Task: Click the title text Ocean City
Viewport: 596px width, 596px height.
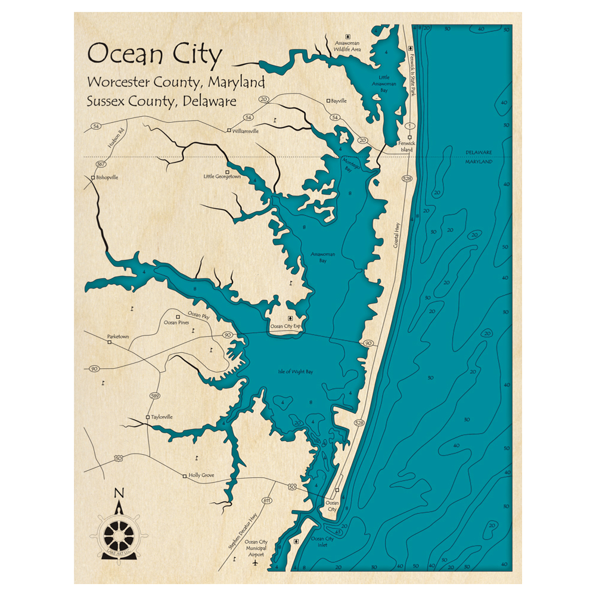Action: point(154,54)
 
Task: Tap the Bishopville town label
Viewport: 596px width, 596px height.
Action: point(107,178)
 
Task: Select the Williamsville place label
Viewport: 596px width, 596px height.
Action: point(245,131)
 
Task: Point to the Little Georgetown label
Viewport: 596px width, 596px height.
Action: point(222,176)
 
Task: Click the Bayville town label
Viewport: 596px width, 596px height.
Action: point(339,101)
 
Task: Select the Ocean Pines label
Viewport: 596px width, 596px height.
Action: point(176,322)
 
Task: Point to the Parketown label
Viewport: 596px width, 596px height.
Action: point(117,337)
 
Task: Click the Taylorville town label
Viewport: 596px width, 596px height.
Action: point(162,417)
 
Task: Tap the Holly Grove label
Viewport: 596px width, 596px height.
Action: point(201,476)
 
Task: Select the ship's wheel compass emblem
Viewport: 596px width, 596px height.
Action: point(119,533)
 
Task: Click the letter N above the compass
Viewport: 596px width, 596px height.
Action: point(119,493)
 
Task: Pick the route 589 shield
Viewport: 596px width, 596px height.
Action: point(155,395)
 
